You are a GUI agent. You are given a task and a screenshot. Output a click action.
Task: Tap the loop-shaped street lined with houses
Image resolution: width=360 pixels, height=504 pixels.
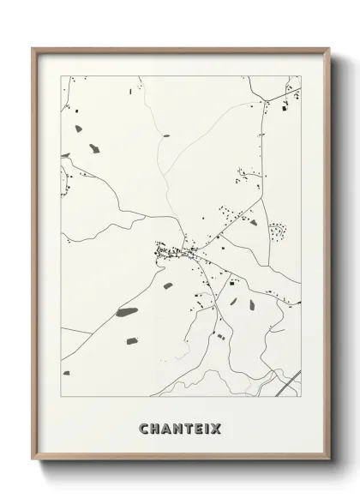[278, 231]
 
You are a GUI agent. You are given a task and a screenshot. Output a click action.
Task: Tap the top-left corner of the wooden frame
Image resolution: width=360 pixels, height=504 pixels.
[33, 49]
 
